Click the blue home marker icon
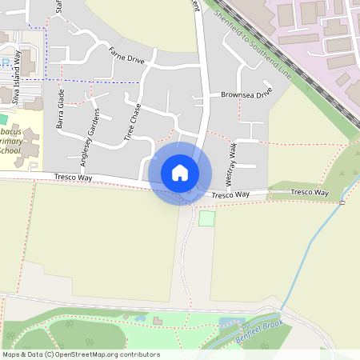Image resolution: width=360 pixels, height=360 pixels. (x=180, y=173)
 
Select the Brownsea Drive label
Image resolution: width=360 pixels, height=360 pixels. (x=246, y=94)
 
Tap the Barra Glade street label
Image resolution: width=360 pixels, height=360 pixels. (x=61, y=110)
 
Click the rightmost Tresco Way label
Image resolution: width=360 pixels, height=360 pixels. (x=310, y=192)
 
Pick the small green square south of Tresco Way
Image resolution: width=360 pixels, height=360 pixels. (x=207, y=218)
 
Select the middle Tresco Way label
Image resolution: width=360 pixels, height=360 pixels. (x=231, y=194)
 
